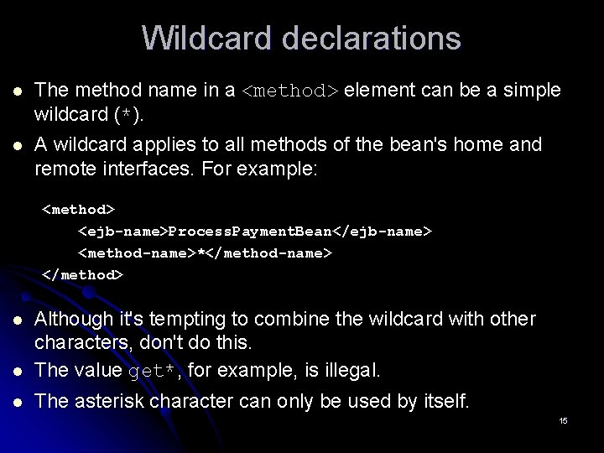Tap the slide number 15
click(563, 420)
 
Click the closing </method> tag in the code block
click(82, 274)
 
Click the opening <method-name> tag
click(138, 253)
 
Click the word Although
click(71, 320)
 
